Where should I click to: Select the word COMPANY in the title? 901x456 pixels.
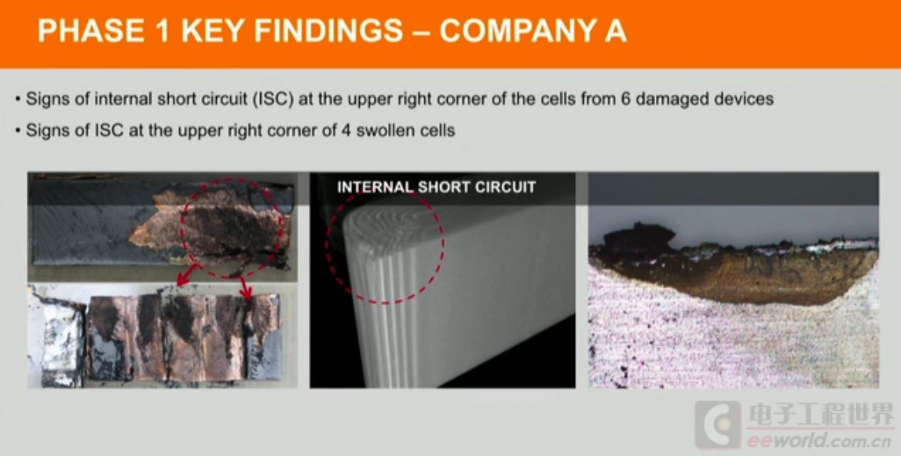click(515, 31)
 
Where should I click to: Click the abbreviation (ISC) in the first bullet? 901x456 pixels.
click(273, 99)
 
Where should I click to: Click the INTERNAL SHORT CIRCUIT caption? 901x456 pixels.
click(436, 187)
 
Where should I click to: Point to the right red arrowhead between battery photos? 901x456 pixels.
click(247, 295)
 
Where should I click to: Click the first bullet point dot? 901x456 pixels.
click(18, 99)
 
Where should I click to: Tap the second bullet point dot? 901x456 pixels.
click(18, 131)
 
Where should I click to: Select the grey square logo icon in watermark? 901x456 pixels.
click(717, 424)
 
